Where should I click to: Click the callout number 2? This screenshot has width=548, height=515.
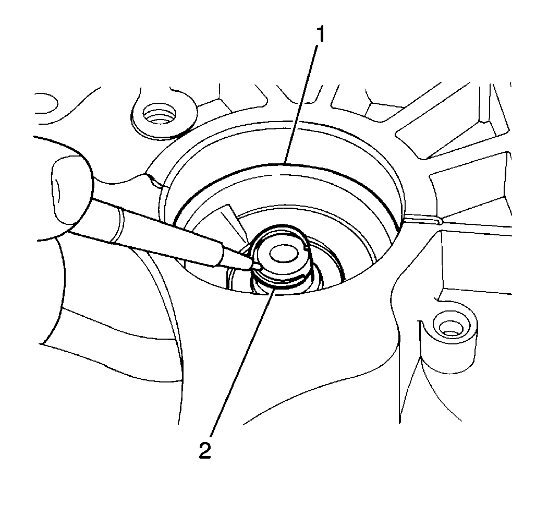point(205,450)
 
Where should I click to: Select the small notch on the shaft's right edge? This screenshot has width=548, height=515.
point(306,248)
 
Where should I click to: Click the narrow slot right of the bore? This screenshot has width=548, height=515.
point(423,220)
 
